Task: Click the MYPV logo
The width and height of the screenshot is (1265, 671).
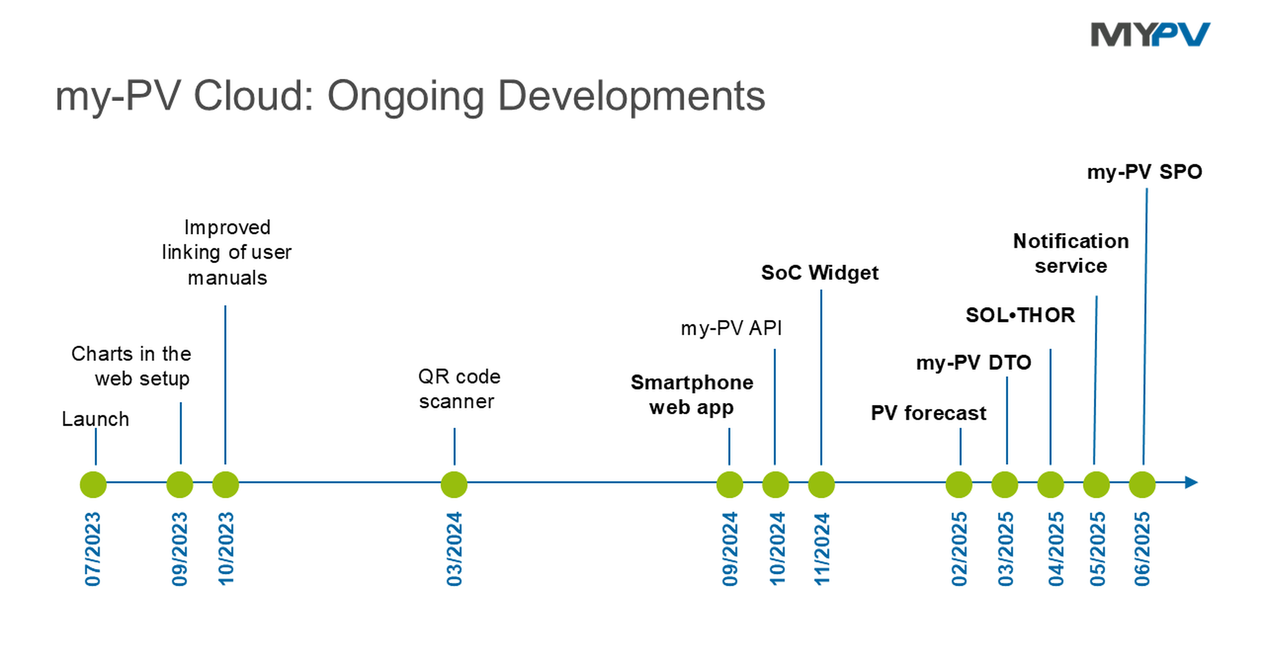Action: coord(1150,34)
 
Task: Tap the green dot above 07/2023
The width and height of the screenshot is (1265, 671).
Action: coord(93,484)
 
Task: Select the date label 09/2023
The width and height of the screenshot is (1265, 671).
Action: coord(180,549)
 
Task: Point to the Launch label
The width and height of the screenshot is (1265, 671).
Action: coord(95,419)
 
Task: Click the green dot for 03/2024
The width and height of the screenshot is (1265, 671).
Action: coord(454,484)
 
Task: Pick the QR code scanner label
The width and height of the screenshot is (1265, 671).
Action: coord(459,389)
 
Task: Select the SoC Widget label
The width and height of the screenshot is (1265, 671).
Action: coord(820,273)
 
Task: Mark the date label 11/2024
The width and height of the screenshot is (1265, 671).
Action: coord(822,549)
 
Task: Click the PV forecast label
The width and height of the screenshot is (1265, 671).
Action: coord(928,413)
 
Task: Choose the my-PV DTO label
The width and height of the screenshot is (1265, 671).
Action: coord(973,363)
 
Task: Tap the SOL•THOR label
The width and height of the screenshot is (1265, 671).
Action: coord(1020,315)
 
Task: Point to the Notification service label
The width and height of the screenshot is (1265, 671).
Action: coord(1071,253)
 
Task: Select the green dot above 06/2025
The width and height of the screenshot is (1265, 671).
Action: coord(1142,484)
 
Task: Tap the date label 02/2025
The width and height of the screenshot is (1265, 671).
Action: coord(959,549)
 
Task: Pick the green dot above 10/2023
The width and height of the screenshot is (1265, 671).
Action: coord(225,484)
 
